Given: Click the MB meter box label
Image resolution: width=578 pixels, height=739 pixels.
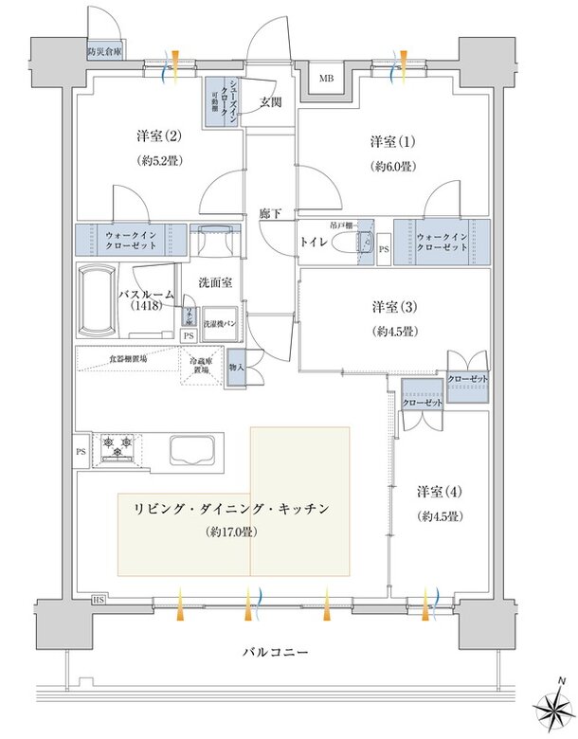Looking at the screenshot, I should point(325,79).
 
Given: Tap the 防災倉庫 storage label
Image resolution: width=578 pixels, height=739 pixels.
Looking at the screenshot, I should point(104,52).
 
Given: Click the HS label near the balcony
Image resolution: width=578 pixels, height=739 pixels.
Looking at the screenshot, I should point(98,600).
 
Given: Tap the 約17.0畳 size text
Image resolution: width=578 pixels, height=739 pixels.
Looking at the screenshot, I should point(234,532).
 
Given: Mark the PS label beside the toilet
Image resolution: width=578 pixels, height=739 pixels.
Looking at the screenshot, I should point(384,250).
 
